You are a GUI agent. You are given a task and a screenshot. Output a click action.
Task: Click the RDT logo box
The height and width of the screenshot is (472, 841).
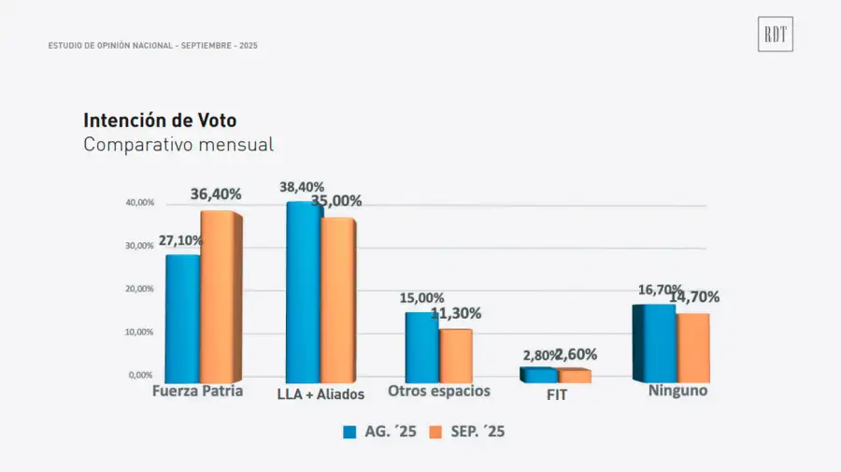775,34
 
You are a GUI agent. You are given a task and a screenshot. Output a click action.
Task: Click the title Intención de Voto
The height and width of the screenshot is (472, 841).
160,121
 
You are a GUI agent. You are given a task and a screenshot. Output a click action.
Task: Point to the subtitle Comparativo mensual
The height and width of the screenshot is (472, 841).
178,145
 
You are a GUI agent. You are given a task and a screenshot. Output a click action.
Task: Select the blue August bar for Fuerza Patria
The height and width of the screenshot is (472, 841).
182,318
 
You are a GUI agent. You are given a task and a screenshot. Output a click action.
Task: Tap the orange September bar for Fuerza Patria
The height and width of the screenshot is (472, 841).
219,296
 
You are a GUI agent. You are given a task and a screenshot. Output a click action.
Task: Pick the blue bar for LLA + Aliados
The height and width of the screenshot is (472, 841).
303,292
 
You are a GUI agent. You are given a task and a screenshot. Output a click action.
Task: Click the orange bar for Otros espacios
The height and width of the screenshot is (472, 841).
455,356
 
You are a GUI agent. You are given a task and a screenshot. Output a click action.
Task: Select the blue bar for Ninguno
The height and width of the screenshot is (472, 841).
658,343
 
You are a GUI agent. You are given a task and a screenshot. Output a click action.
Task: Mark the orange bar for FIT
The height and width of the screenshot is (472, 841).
574,376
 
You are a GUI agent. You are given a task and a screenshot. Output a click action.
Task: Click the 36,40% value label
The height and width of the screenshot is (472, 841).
216,194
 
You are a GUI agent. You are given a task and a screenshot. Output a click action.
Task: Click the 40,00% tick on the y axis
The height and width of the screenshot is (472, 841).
139,203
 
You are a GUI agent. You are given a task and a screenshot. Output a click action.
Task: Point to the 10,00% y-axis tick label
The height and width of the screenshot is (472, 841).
139,332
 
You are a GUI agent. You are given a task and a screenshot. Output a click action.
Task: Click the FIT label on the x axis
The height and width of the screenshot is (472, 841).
556,394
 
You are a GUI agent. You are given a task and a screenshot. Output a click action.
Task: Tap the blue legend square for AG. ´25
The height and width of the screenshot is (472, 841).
349,432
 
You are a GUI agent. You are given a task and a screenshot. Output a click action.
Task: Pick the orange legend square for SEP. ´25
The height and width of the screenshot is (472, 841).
435,432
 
